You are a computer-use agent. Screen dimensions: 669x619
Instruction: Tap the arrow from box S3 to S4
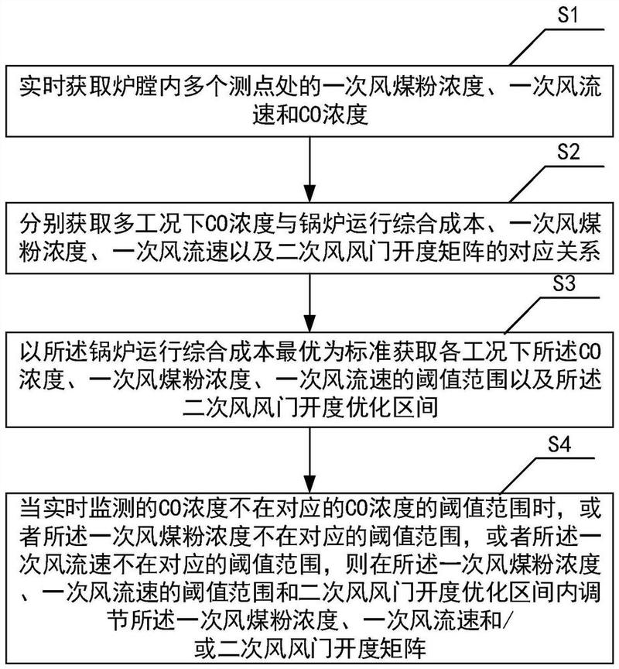pos(309,457)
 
